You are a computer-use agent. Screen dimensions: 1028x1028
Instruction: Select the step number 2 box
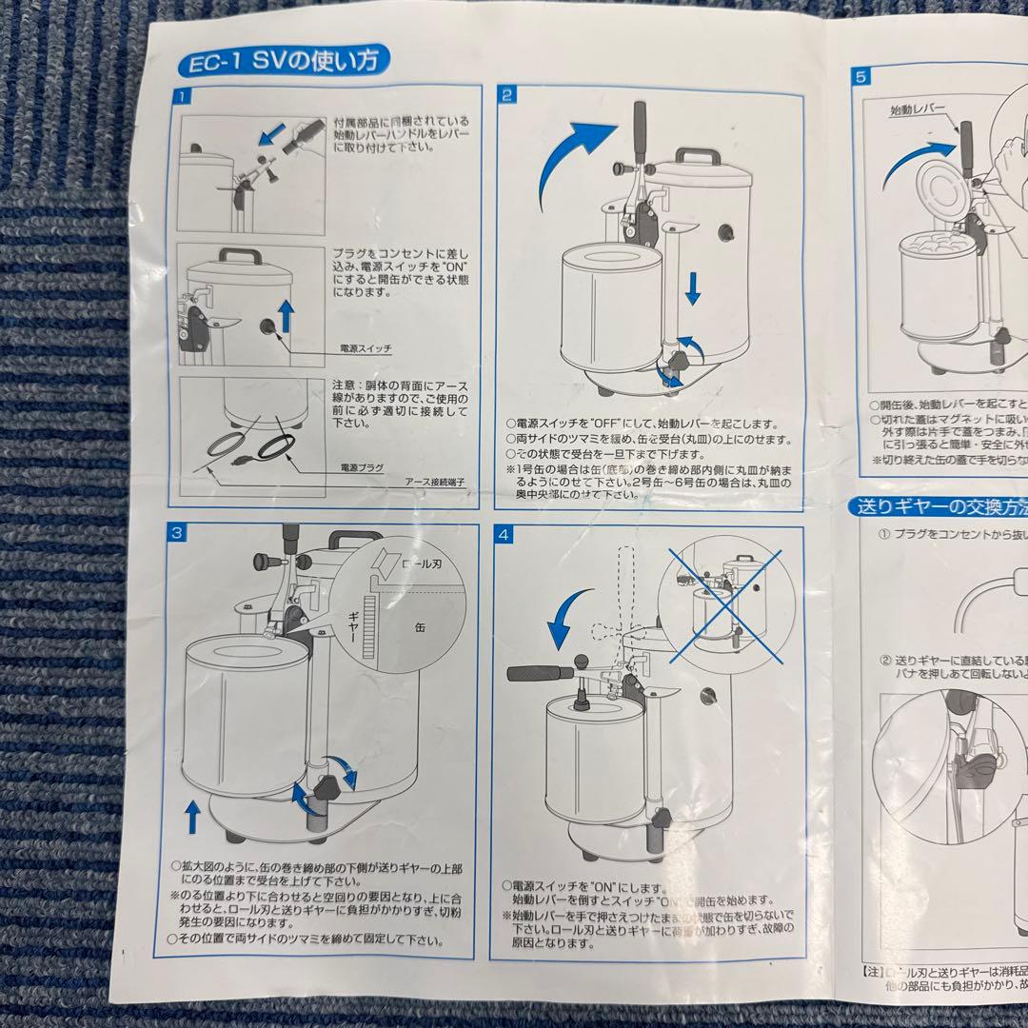coord(508,94)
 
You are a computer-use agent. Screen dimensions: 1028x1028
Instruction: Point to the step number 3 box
coord(177,533)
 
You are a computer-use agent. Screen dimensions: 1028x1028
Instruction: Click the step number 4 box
coord(504,535)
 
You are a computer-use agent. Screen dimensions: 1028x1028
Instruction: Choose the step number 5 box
coord(860,78)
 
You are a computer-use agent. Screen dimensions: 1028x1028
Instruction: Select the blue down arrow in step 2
coord(692,285)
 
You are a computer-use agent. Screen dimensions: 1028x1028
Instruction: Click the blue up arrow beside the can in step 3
coord(193,817)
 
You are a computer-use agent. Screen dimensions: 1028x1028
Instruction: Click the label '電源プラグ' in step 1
coord(362,469)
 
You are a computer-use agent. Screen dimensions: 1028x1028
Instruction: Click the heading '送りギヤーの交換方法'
coord(938,507)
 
